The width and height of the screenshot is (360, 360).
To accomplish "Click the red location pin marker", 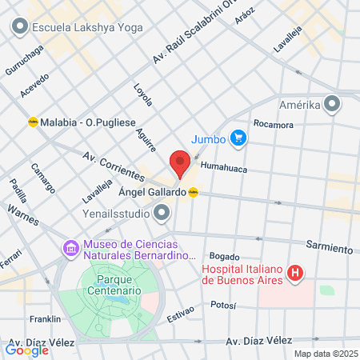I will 180,164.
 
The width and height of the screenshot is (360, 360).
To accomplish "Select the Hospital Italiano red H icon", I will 296,274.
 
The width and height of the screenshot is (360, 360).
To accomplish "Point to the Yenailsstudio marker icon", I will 162,213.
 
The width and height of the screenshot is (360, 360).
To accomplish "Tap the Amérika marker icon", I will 333,105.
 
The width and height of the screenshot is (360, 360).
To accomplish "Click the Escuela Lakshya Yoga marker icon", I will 18,27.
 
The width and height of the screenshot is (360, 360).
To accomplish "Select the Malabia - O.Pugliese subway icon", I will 33,122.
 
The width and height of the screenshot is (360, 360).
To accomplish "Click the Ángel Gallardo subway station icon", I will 193,192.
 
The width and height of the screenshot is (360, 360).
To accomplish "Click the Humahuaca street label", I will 224,168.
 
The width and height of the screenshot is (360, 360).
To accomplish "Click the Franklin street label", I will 46,319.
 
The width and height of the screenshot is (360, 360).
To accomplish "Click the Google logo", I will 26,350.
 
